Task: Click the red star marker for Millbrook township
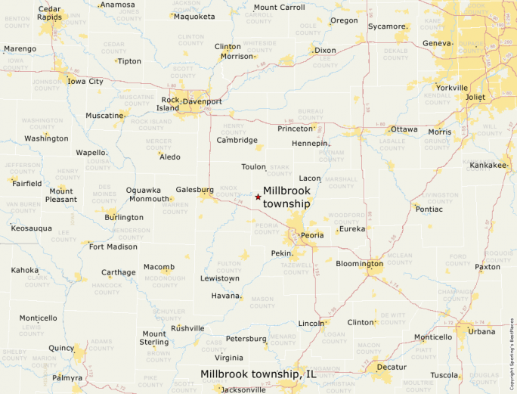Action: click(258, 197)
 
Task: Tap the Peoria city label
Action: click(312, 235)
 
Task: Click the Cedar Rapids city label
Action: click(50, 14)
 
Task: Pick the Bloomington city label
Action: click(360, 264)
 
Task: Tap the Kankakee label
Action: click(488, 165)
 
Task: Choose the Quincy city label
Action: click(62, 348)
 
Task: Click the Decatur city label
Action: click(391, 367)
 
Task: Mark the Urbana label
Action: click(481, 331)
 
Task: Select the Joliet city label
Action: click(475, 98)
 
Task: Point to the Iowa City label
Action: click(85, 81)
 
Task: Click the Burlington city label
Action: click(124, 217)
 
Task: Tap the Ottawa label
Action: click(404, 129)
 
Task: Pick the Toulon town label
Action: click(253, 166)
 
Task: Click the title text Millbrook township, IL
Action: click(258, 374)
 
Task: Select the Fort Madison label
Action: click(113, 247)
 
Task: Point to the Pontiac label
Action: click(429, 209)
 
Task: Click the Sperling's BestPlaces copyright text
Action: click(512, 347)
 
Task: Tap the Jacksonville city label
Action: click(243, 389)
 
